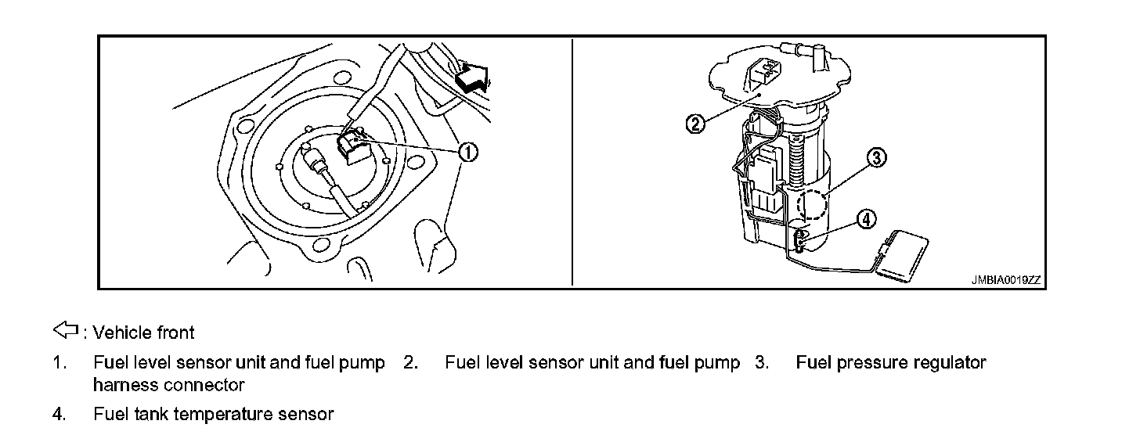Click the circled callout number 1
pyautogui.click(x=468, y=152)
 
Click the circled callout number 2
pyautogui.click(x=696, y=123)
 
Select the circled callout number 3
pyautogui.click(x=877, y=158)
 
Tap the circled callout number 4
pyautogui.click(x=865, y=220)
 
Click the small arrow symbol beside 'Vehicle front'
pyautogui.click(x=67, y=331)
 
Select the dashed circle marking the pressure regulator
pyautogui.click(x=811, y=204)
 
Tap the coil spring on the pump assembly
pyautogui.click(x=796, y=160)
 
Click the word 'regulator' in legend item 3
pyautogui.click(x=951, y=363)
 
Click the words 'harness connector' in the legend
pyautogui.click(x=168, y=385)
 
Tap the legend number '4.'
pyautogui.click(x=59, y=414)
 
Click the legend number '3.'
pyautogui.click(x=762, y=363)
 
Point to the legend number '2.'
pyautogui.click(x=410, y=363)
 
